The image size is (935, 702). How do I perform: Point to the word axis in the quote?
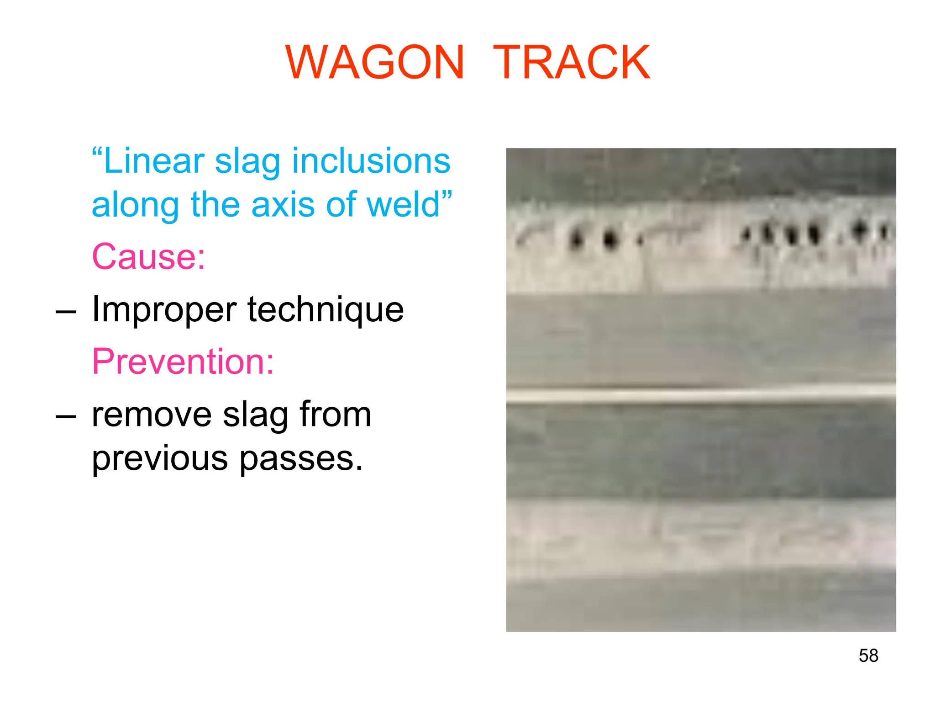click(283, 204)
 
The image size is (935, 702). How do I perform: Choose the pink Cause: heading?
click(148, 256)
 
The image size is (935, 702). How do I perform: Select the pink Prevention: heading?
click(183, 361)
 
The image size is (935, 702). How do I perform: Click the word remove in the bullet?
click(152, 415)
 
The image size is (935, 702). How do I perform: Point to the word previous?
click(160, 458)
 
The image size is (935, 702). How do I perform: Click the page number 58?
click(868, 655)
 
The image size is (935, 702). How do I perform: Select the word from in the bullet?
click(335, 414)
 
